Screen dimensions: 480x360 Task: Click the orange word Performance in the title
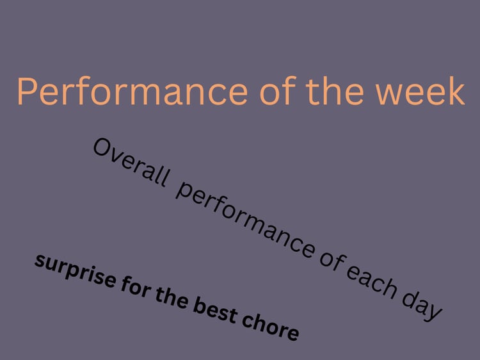pyautogui.click(x=132, y=91)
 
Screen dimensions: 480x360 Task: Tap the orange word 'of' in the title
pyautogui.click(x=278, y=91)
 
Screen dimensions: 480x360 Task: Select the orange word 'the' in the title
pyautogui.click(x=335, y=91)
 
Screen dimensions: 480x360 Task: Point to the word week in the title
pyautogui.click(x=420, y=91)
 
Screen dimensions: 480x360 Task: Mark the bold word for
pyautogui.click(x=136, y=289)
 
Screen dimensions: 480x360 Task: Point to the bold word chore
pyautogui.click(x=270, y=327)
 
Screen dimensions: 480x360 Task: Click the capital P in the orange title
pyautogui.click(x=28, y=91)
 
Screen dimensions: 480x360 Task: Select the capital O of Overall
pyautogui.click(x=102, y=147)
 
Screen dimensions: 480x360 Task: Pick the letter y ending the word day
pyautogui.click(x=433, y=311)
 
